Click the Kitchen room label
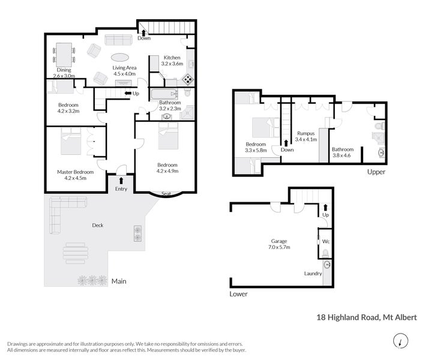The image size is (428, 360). pyautogui.click(x=172, y=58)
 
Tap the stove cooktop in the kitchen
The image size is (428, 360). pyautogui.click(x=188, y=79)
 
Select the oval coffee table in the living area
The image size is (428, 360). pyautogui.click(x=120, y=58)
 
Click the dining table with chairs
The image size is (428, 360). pyautogui.click(x=64, y=55)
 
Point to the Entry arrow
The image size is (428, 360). pyautogui.click(x=121, y=181)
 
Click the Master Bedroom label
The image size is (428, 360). pyautogui.click(x=76, y=172)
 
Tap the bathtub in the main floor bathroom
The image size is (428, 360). pyautogui.click(x=164, y=94)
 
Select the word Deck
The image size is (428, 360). pyautogui.click(x=98, y=225)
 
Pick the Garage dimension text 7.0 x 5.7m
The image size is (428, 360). pyautogui.click(x=279, y=247)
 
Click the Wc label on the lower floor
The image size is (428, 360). pyautogui.click(x=326, y=241)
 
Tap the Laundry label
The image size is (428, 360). pyautogui.click(x=313, y=273)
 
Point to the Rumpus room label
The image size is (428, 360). pyautogui.click(x=306, y=133)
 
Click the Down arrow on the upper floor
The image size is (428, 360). pyautogui.click(x=286, y=143)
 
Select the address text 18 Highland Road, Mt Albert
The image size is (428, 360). pyautogui.click(x=367, y=317)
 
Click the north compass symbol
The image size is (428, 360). pyautogui.click(x=400, y=341)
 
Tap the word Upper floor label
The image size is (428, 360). pyautogui.click(x=376, y=172)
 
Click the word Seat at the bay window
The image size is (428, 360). pyautogui.click(x=166, y=194)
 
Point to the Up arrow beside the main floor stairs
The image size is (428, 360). pyautogui.click(x=127, y=94)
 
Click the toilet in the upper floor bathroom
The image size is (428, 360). pyautogui.click(x=380, y=126)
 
